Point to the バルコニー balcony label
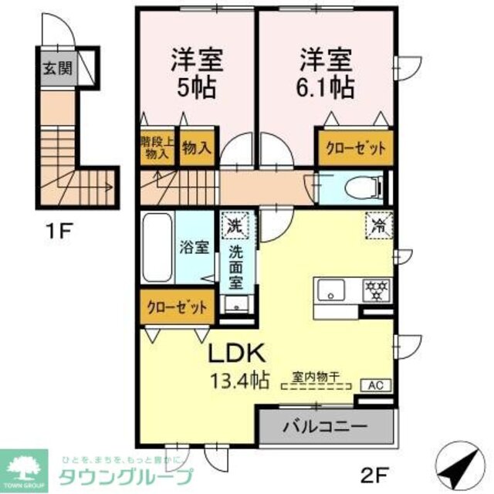click(324, 425)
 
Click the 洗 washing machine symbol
click(234, 226)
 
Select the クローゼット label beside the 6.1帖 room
click(354, 147)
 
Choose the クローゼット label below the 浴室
click(178, 307)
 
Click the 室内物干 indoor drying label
click(316, 377)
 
